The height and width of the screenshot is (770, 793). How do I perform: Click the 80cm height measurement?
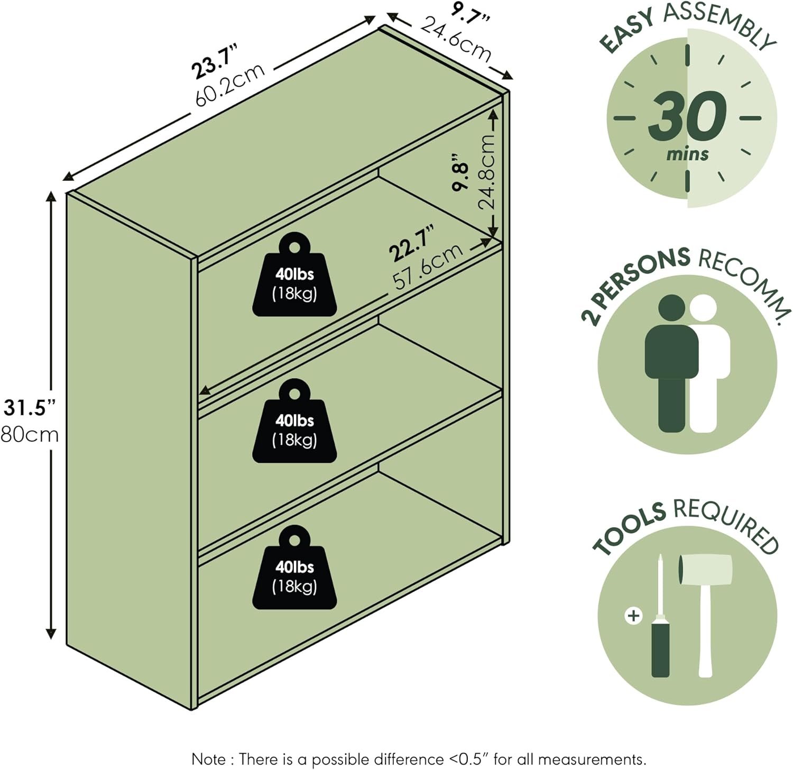(x=30, y=435)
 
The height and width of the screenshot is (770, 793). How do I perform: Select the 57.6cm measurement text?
(x=428, y=267)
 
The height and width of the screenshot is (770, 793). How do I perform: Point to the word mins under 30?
(x=687, y=154)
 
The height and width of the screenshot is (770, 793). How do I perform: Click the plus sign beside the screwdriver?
(x=633, y=616)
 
